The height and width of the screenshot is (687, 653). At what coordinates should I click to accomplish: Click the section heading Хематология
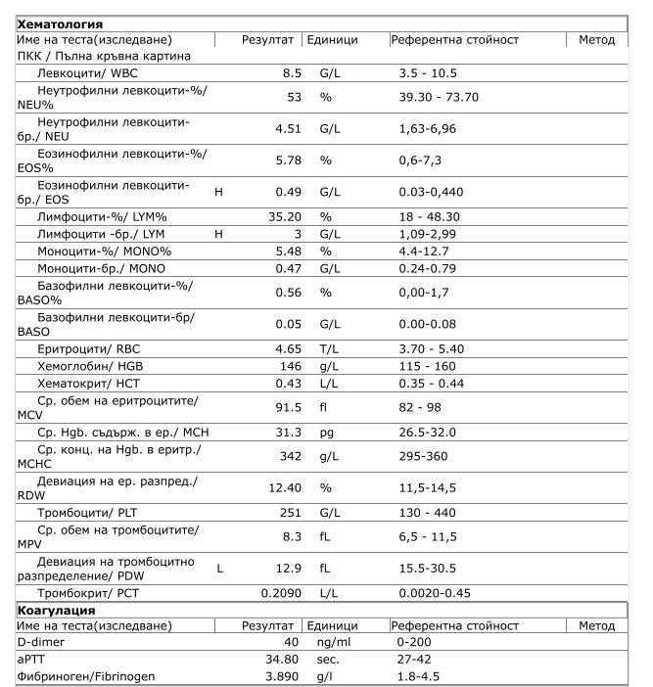(60, 23)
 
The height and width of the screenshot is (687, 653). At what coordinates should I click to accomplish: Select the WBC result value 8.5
(292, 72)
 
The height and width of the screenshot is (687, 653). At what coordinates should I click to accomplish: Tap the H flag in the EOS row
(218, 192)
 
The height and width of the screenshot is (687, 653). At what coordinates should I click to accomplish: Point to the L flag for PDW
(220, 568)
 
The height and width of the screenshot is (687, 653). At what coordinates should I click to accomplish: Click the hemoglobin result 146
(291, 364)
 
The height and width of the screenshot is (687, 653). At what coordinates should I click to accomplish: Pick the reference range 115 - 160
(427, 364)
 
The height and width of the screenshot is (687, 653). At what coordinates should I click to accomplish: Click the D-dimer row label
(40, 642)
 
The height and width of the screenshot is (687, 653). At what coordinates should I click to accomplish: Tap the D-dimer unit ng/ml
(334, 642)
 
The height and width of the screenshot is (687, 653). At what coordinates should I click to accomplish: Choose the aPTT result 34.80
(283, 660)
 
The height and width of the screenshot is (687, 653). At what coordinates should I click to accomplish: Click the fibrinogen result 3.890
(283, 676)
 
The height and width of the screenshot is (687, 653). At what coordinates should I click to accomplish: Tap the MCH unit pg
(327, 432)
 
